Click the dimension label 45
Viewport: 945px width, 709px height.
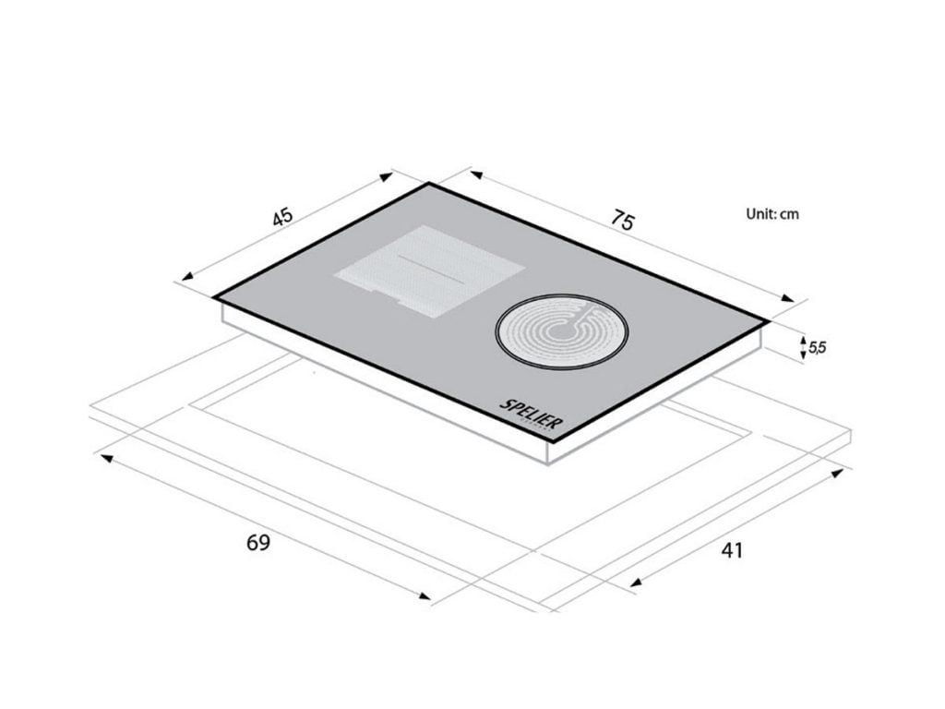(282, 216)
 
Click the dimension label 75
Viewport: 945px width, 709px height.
(622, 220)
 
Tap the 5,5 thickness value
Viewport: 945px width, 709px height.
(818, 347)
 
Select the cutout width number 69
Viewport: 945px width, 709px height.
(258, 543)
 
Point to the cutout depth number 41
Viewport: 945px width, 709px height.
(732, 550)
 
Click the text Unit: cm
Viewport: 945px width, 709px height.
(772, 213)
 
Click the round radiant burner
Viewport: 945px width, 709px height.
(562, 331)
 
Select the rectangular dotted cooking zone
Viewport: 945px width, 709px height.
(430, 271)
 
